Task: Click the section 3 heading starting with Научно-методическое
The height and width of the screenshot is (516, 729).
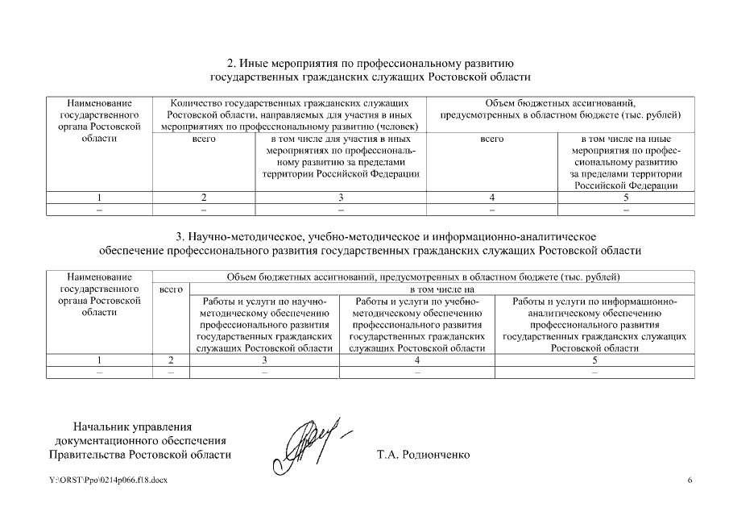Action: [x=370, y=243]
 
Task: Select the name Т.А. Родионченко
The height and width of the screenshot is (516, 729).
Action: [x=423, y=455]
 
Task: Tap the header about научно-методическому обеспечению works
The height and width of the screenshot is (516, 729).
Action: [x=264, y=324]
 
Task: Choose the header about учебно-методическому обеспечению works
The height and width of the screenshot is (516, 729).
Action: [x=417, y=324]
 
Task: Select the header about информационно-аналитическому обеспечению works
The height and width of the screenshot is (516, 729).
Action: [x=594, y=324]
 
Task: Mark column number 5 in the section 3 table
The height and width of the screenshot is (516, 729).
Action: [x=594, y=360]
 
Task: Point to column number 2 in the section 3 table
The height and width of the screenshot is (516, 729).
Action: [x=171, y=360]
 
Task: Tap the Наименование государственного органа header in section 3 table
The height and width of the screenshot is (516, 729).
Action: [x=99, y=294]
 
